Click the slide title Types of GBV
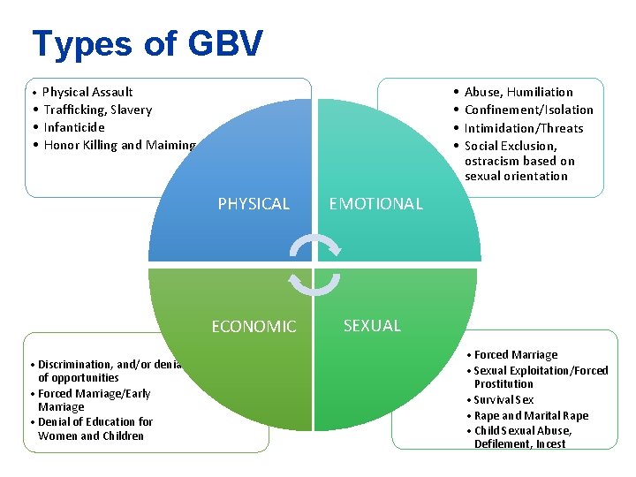pyautogui.click(x=147, y=43)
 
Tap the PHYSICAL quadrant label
pyautogui.click(x=254, y=204)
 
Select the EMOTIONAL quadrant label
pyautogui.click(x=375, y=204)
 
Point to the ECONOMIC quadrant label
pyautogui.click(x=254, y=327)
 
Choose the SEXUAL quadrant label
pyautogui.click(x=372, y=326)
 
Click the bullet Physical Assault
pyautogui.click(x=87, y=92)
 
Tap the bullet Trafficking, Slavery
pyautogui.click(x=97, y=110)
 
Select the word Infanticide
pyautogui.click(x=74, y=127)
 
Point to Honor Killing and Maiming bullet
pyautogui.click(x=119, y=145)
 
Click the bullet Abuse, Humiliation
pyautogui.click(x=519, y=92)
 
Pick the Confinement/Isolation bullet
pyautogui.click(x=528, y=110)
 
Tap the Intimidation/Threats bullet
pyautogui.click(x=524, y=128)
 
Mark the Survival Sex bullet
pyautogui.click(x=503, y=400)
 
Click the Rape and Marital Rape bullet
pyautogui.click(x=531, y=416)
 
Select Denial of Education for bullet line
pyautogui.click(x=95, y=422)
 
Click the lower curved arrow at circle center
pyautogui.click(x=314, y=282)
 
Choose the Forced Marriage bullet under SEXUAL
pyautogui.click(x=516, y=355)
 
